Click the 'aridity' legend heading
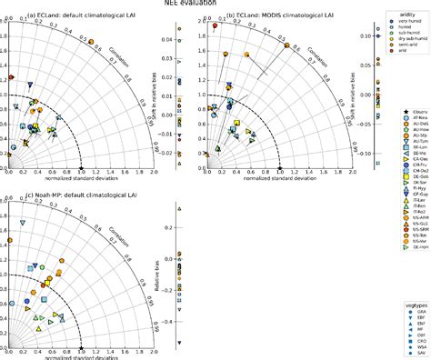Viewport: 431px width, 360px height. click(x=406, y=15)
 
